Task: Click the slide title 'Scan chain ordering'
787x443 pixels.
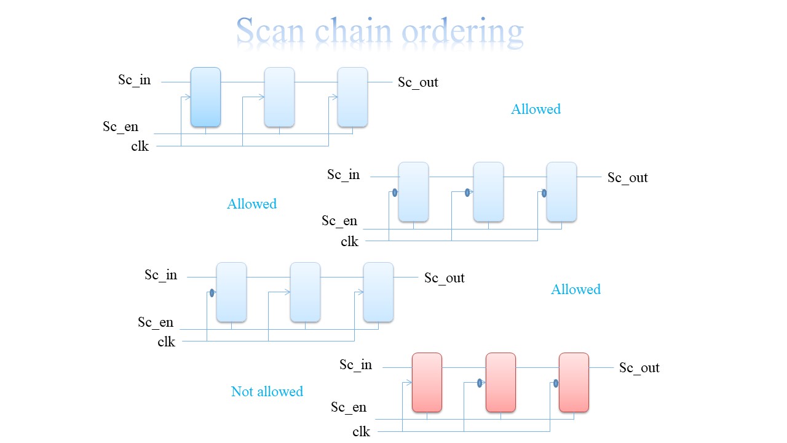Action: pos(379,31)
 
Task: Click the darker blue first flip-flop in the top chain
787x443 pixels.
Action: pos(205,97)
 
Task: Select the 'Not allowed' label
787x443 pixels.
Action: pos(267,391)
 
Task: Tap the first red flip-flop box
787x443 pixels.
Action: pos(427,382)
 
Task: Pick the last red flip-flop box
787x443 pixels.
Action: pos(574,382)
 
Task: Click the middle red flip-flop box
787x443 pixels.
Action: pos(500,382)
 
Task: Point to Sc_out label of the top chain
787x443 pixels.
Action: pos(418,82)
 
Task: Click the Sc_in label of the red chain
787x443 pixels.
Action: pos(356,365)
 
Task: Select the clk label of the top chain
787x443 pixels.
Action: pos(140,146)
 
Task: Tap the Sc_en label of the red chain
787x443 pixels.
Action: pos(349,407)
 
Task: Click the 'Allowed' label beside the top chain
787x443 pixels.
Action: pos(536,109)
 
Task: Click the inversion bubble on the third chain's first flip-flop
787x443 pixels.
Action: pos(212,293)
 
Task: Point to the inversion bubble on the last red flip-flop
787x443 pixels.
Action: pos(556,383)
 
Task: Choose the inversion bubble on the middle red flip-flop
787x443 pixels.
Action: pos(480,383)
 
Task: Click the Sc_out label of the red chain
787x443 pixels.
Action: pos(639,368)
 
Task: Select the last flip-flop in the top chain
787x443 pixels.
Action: pos(352,97)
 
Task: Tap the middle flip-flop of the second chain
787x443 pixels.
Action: pos(488,191)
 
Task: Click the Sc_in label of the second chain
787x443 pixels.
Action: pos(344,175)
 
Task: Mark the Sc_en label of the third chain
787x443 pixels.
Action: pos(156,322)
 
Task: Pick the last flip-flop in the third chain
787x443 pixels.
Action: pos(378,292)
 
